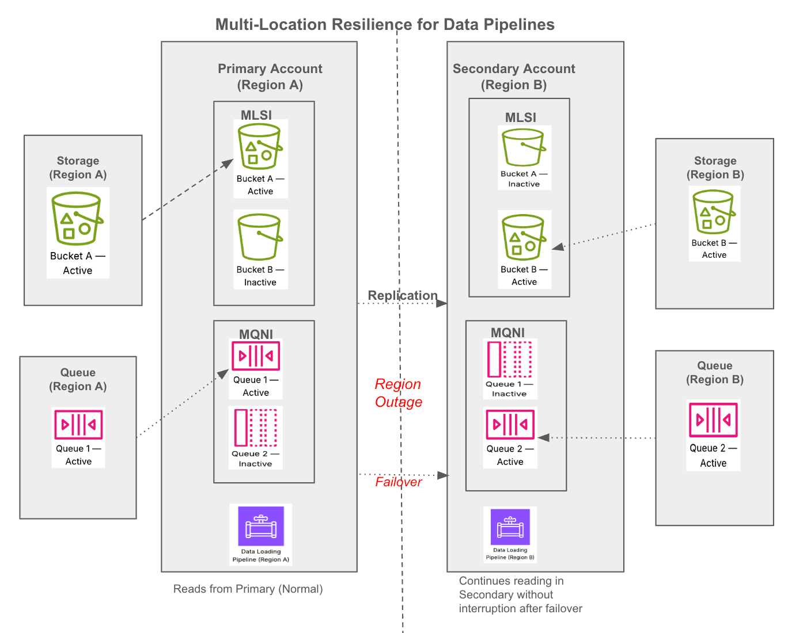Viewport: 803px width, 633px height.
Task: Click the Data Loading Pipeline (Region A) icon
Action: [x=261, y=526]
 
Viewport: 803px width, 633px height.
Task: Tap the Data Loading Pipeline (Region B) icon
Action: [x=510, y=527]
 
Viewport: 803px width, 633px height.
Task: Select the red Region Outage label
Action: [x=398, y=393]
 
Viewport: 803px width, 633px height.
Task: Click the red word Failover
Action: [x=398, y=482]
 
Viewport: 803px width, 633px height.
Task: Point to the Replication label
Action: [x=402, y=295]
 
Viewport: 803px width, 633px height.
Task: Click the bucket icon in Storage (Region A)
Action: [x=77, y=219]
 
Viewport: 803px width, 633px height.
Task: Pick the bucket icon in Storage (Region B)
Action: [x=714, y=211]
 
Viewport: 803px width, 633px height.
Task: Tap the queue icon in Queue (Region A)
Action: [x=78, y=424]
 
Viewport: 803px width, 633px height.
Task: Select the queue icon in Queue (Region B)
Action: [x=713, y=420]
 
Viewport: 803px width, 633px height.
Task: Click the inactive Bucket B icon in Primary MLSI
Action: [x=260, y=237]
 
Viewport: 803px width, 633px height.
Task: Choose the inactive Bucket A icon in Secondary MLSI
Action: [x=523, y=147]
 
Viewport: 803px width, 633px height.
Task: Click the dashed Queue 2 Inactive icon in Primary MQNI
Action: [x=256, y=428]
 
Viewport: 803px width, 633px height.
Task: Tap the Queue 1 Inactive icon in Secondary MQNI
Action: [x=510, y=359]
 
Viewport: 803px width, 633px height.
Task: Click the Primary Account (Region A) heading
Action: [x=270, y=77]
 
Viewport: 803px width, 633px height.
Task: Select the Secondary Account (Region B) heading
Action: [x=514, y=77]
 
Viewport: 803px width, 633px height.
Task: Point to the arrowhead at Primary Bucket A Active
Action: [x=228, y=164]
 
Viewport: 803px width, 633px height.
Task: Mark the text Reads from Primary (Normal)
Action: [x=248, y=589]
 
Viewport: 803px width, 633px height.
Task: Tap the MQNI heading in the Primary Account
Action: [x=256, y=334]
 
